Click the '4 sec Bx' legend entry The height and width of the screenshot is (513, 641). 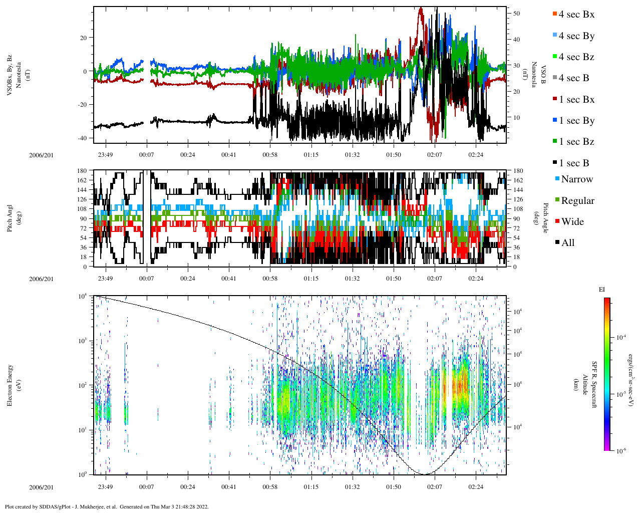(576, 15)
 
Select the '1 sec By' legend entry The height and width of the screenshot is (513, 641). (576, 121)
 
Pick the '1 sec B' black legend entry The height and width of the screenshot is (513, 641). (574, 163)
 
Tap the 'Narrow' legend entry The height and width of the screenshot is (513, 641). (576, 179)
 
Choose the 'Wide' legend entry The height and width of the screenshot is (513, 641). (572, 222)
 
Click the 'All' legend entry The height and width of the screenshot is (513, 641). (567, 243)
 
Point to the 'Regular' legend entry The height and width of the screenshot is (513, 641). (577, 201)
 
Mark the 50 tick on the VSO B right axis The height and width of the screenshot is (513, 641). (516, 14)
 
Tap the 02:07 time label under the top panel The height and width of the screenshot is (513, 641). (434, 155)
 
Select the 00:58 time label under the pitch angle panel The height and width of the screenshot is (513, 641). (270, 279)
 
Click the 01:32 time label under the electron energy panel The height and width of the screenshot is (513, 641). (352, 486)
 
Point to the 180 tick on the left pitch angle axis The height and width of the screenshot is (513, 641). (83, 171)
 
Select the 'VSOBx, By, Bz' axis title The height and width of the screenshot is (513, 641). (10, 75)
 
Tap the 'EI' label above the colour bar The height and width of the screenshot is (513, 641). (601, 290)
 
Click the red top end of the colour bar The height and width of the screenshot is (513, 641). (606, 300)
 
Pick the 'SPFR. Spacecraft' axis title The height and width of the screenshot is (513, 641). (594, 384)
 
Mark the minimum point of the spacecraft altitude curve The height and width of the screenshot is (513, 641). (424, 474)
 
